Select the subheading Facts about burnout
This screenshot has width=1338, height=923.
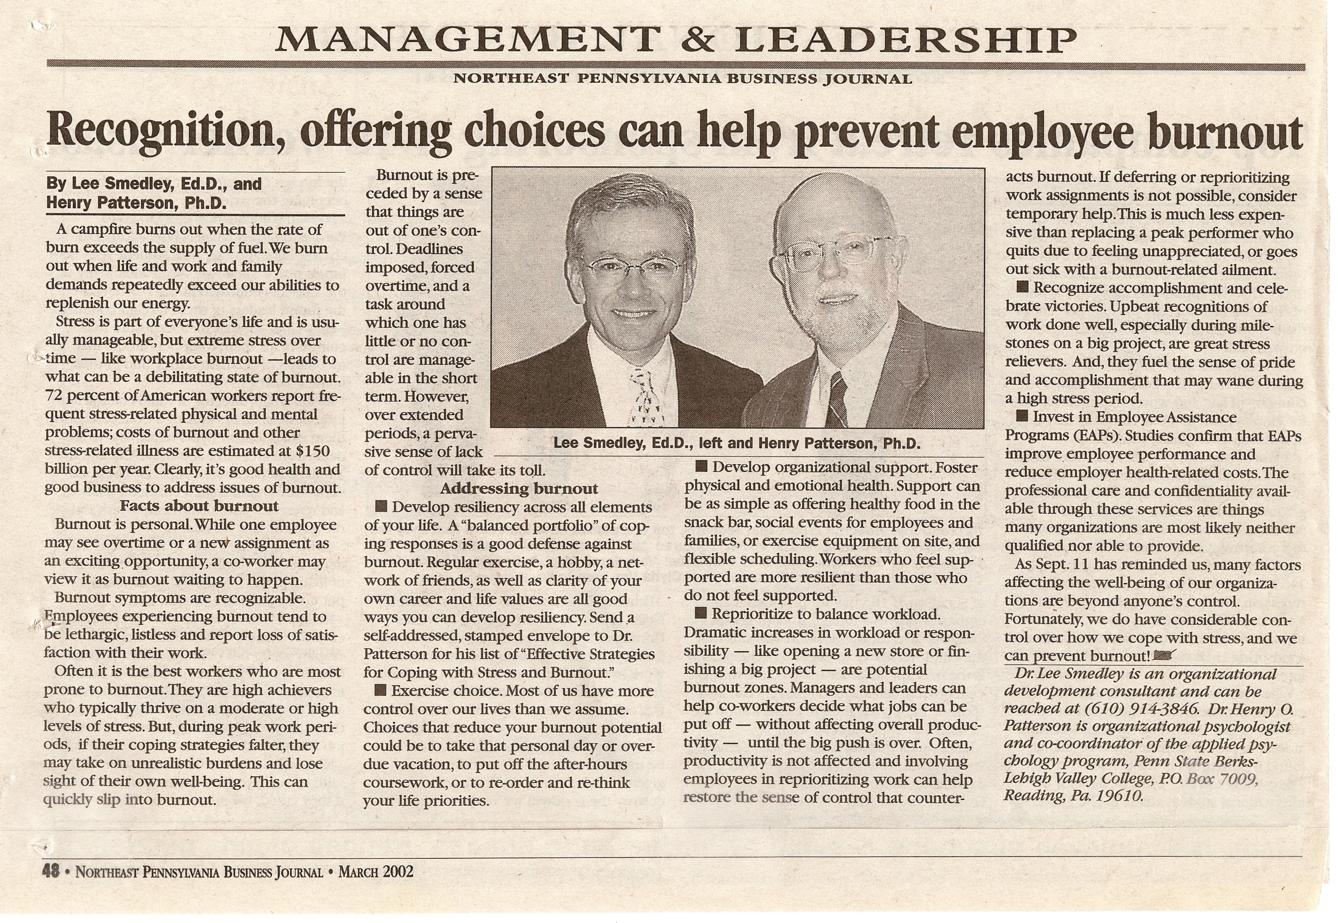(x=199, y=506)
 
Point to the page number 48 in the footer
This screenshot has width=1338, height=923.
(x=51, y=871)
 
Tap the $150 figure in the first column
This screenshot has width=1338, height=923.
(x=312, y=451)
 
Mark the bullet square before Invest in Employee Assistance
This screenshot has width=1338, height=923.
(x=1022, y=416)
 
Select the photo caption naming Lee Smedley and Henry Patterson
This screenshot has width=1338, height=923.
(x=736, y=444)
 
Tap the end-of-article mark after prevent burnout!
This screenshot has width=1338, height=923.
(x=1164, y=656)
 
